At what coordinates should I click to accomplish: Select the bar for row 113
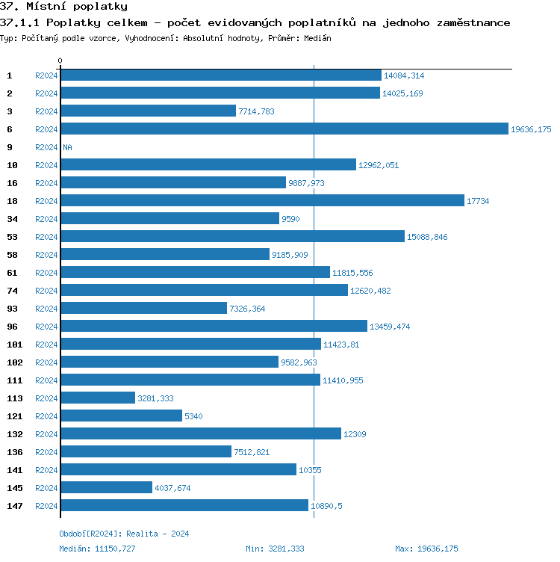[x=98, y=398]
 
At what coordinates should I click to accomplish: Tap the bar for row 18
[x=262, y=201]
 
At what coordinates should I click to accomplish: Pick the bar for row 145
[x=106, y=488]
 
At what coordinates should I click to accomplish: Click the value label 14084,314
[x=404, y=75]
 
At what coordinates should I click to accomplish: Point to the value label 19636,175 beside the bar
[x=531, y=129]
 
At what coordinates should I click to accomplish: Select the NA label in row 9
[x=67, y=147]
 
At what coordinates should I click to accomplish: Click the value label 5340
[x=194, y=416]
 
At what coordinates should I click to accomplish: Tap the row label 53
[x=12, y=237]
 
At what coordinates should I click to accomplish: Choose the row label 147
[x=14, y=506]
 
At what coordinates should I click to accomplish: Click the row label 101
[x=14, y=345]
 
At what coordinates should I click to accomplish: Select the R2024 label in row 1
[x=46, y=75]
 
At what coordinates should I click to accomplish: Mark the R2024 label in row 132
[x=46, y=434]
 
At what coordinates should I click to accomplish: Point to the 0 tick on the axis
[x=60, y=61]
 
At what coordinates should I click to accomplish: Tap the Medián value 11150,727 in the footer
[x=115, y=549]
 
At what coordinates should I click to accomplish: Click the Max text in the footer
[x=404, y=549]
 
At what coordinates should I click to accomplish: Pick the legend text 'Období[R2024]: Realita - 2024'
[x=124, y=534]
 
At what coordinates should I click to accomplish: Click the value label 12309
[x=355, y=434]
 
